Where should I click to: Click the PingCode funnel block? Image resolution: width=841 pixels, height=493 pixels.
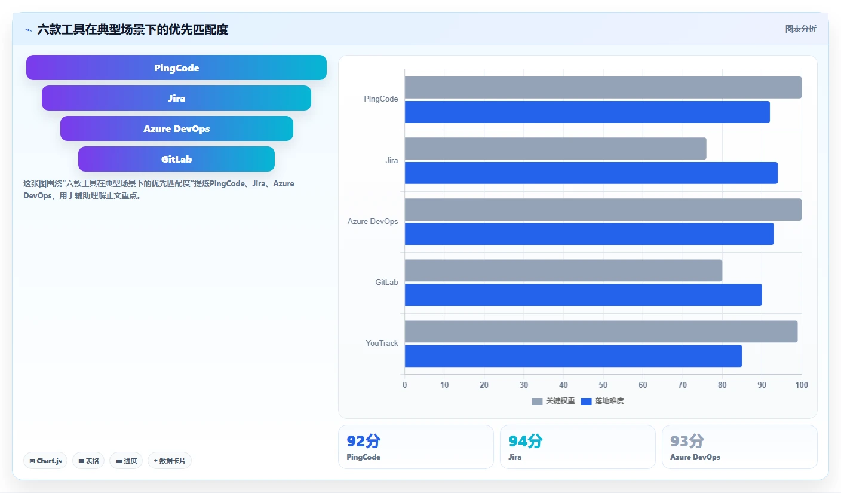pyautogui.click(x=176, y=68)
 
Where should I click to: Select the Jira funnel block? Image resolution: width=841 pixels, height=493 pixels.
pyautogui.click(x=176, y=98)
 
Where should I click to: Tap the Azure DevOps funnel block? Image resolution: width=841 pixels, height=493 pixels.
pyautogui.click(x=176, y=128)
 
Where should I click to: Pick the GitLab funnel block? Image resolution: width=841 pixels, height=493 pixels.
pyautogui.click(x=176, y=159)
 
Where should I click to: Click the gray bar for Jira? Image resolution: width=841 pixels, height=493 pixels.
pyautogui.click(x=555, y=148)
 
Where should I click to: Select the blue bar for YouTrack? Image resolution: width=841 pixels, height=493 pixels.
pyautogui.click(x=573, y=356)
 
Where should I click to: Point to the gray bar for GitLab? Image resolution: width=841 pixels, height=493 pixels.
pyautogui.click(x=563, y=271)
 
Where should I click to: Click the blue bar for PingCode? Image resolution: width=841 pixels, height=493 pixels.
pyautogui.click(x=587, y=112)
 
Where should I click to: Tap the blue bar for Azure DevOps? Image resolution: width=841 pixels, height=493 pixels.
pyautogui.click(x=589, y=234)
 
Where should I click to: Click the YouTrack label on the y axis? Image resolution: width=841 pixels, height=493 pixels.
pyautogui.click(x=382, y=343)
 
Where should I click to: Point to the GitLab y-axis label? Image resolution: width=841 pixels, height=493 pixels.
pyautogui.click(x=386, y=282)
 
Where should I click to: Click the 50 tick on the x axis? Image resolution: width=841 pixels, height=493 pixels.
pyautogui.click(x=603, y=385)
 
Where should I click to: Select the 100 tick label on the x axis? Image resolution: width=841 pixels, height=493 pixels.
pyautogui.click(x=801, y=385)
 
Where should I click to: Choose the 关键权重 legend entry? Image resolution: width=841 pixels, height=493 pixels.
pyautogui.click(x=553, y=401)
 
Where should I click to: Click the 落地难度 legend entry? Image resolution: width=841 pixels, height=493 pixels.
pyautogui.click(x=602, y=401)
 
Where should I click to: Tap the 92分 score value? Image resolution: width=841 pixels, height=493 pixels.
pyautogui.click(x=363, y=441)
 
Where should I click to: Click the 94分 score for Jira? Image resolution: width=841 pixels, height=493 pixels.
pyautogui.click(x=525, y=441)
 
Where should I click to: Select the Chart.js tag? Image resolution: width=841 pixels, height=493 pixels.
pyautogui.click(x=45, y=461)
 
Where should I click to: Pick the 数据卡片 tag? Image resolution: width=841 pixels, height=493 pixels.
pyautogui.click(x=170, y=461)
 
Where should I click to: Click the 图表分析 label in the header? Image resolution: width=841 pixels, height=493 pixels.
pyautogui.click(x=800, y=29)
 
